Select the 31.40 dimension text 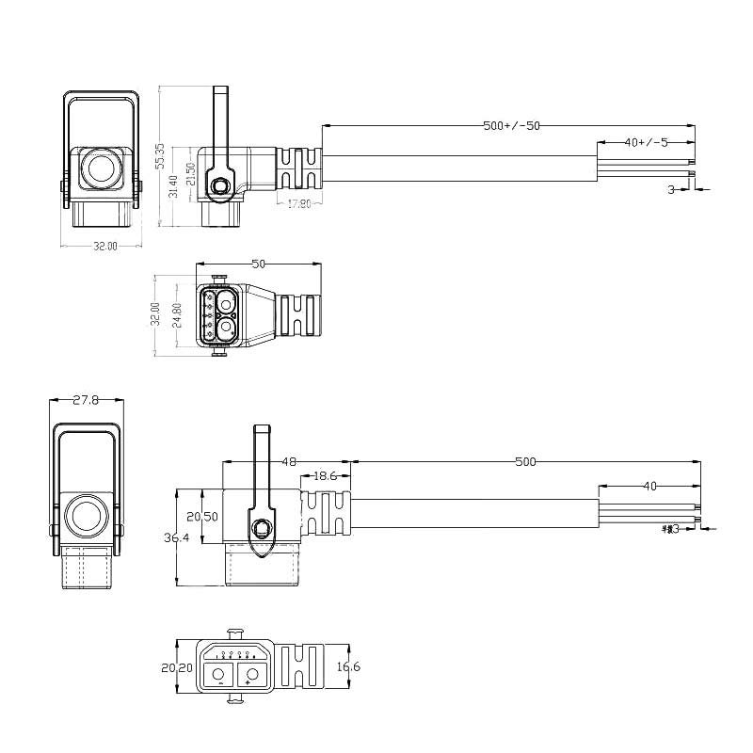pos(172,186)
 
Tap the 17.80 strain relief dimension pos(299,203)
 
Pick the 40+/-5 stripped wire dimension pos(646,142)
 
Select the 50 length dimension pos(259,264)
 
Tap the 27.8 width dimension pos(86,399)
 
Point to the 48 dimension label pos(289,461)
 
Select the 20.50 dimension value pos(202,517)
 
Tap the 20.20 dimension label pos(176,667)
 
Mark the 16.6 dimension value pos(348,666)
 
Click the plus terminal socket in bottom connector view pos(250,673)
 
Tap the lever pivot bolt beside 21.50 pos(220,187)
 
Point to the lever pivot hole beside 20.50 pos(261,525)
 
